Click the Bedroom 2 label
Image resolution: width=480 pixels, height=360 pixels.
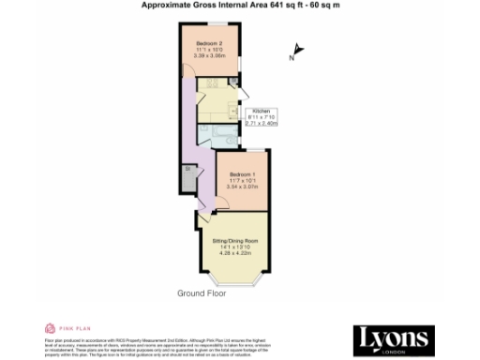(x=209, y=44)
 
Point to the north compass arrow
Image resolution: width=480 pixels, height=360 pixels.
(x=299, y=51)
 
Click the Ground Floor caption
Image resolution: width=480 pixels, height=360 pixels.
(x=202, y=293)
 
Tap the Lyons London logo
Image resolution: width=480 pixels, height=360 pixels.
(x=392, y=338)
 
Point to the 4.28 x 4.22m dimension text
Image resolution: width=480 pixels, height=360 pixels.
(x=234, y=253)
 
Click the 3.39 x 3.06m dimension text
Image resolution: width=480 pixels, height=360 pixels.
(x=209, y=57)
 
